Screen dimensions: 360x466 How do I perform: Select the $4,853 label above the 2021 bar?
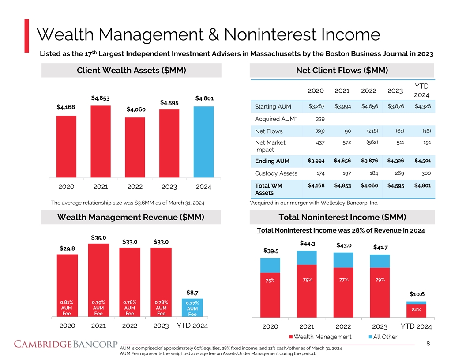coord(100,98)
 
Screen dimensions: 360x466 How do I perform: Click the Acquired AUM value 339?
coord(321,119)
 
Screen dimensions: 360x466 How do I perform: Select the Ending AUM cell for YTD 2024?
coord(423,160)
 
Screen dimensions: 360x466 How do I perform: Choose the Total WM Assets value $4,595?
coord(396,185)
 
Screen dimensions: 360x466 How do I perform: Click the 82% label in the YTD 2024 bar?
coord(416,310)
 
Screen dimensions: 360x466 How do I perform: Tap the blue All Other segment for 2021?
coord(307,257)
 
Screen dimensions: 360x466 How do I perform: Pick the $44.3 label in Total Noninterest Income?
coord(307,243)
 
